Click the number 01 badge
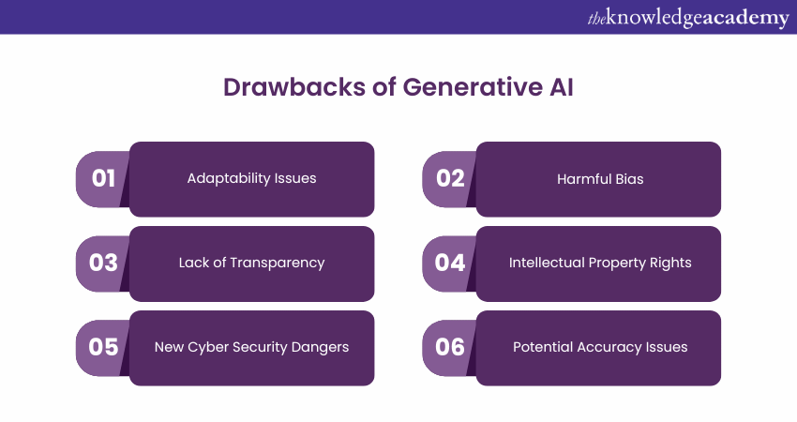coord(103,179)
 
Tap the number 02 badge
coord(450,179)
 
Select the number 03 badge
coord(103,264)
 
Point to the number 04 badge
coord(450,264)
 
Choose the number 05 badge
coord(103,348)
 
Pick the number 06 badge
coord(450,348)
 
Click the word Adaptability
coord(229,179)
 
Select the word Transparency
coord(277,264)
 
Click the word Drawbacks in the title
coord(294,87)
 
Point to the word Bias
coord(630,179)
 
